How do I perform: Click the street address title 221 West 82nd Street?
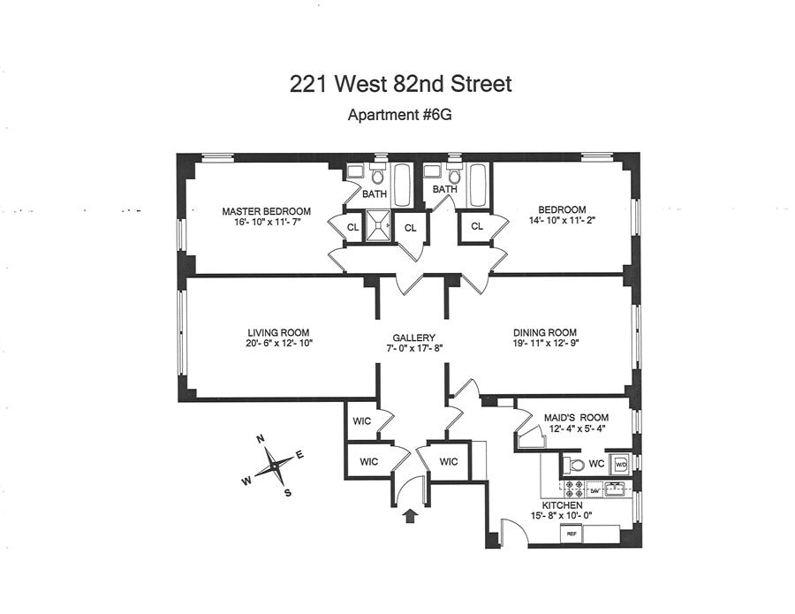(400, 85)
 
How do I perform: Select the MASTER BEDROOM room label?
(266, 211)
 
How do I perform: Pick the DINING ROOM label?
(545, 332)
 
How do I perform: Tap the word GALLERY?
(414, 337)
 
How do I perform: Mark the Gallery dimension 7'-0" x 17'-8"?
(414, 348)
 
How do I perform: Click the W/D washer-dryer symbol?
(620, 463)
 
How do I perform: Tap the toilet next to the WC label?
(576, 464)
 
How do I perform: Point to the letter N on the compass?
(261, 439)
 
